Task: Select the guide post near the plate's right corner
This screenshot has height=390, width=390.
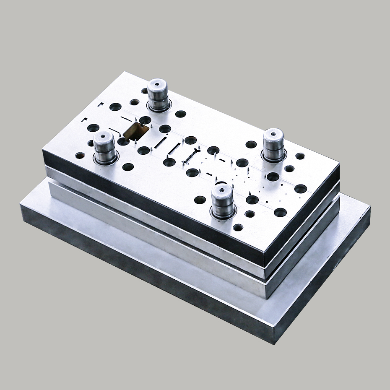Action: coord(273,144)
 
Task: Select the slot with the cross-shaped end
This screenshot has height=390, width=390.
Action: coord(191,156)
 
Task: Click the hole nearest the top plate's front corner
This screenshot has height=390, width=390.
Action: coord(238,228)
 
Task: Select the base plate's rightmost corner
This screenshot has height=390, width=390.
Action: coord(370,208)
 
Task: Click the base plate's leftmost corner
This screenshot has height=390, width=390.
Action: coord(20,204)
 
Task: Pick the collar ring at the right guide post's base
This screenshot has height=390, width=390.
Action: coord(273,156)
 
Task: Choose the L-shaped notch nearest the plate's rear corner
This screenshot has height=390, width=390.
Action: coord(100,105)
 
